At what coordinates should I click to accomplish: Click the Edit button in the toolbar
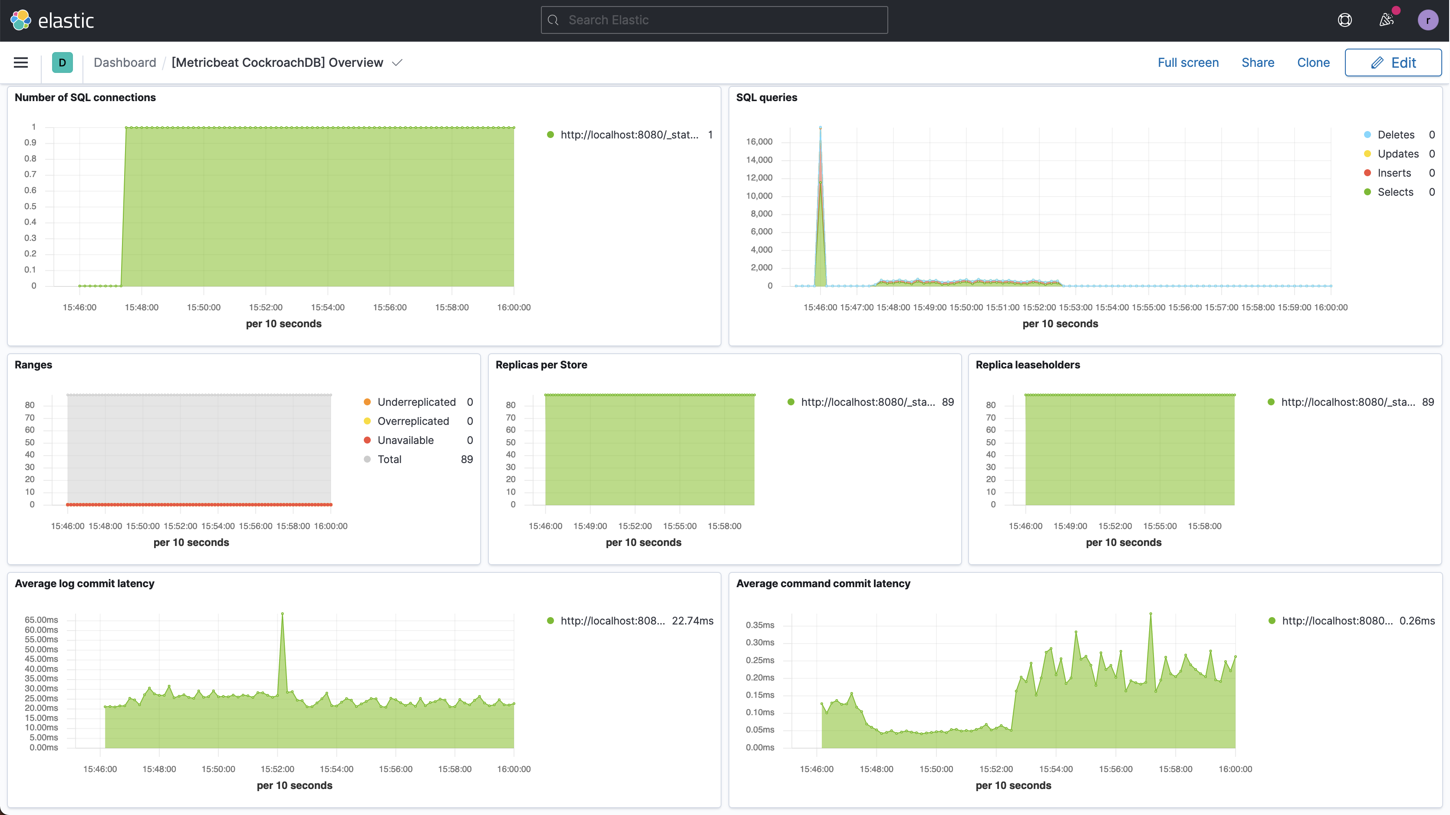1393,62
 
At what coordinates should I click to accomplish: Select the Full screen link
1188,62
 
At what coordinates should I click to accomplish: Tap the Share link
1258,62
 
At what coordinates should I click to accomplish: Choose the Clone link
1313,62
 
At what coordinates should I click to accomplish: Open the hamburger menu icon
21,62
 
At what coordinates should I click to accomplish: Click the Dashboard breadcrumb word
125,62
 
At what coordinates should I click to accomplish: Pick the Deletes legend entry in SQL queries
1395,135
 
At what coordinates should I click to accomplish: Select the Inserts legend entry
1394,173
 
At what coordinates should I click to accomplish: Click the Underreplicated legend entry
416,402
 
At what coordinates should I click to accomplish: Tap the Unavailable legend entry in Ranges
405,440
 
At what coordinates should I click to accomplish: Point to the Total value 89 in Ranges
467,459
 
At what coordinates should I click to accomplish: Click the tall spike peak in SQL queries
820,128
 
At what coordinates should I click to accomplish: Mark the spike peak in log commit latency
282,614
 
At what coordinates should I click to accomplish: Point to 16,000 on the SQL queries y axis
759,141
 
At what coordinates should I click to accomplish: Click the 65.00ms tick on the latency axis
41,620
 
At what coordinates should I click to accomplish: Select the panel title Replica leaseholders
1027,365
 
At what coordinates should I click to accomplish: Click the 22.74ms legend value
692,621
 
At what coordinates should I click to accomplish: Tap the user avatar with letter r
1427,20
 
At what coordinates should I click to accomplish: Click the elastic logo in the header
52,20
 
